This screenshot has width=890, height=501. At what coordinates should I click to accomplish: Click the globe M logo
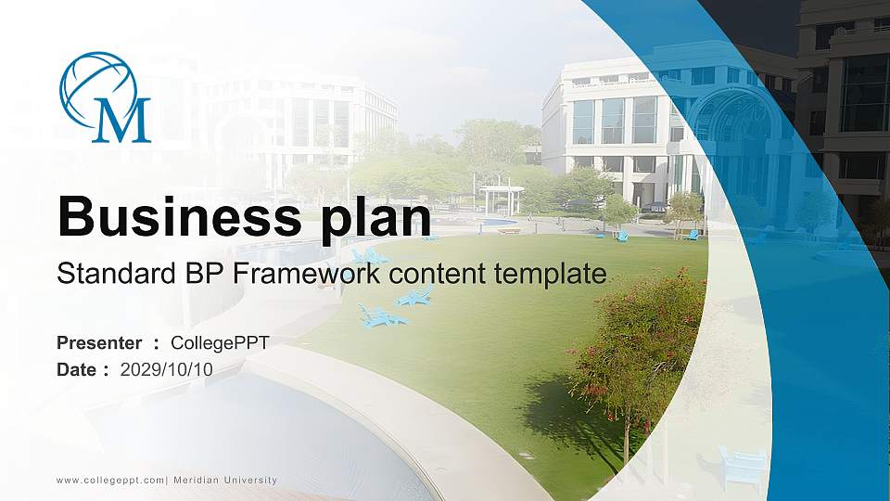click(x=105, y=97)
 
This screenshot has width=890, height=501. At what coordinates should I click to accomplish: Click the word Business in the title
click(x=166, y=218)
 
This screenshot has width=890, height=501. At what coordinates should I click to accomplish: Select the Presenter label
click(x=99, y=342)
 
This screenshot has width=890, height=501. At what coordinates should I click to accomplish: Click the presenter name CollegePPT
click(x=220, y=342)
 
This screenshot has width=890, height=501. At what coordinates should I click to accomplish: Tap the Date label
click(x=77, y=369)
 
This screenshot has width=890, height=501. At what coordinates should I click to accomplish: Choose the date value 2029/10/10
click(x=167, y=369)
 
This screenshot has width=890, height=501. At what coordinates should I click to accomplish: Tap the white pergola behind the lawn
click(x=502, y=199)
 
